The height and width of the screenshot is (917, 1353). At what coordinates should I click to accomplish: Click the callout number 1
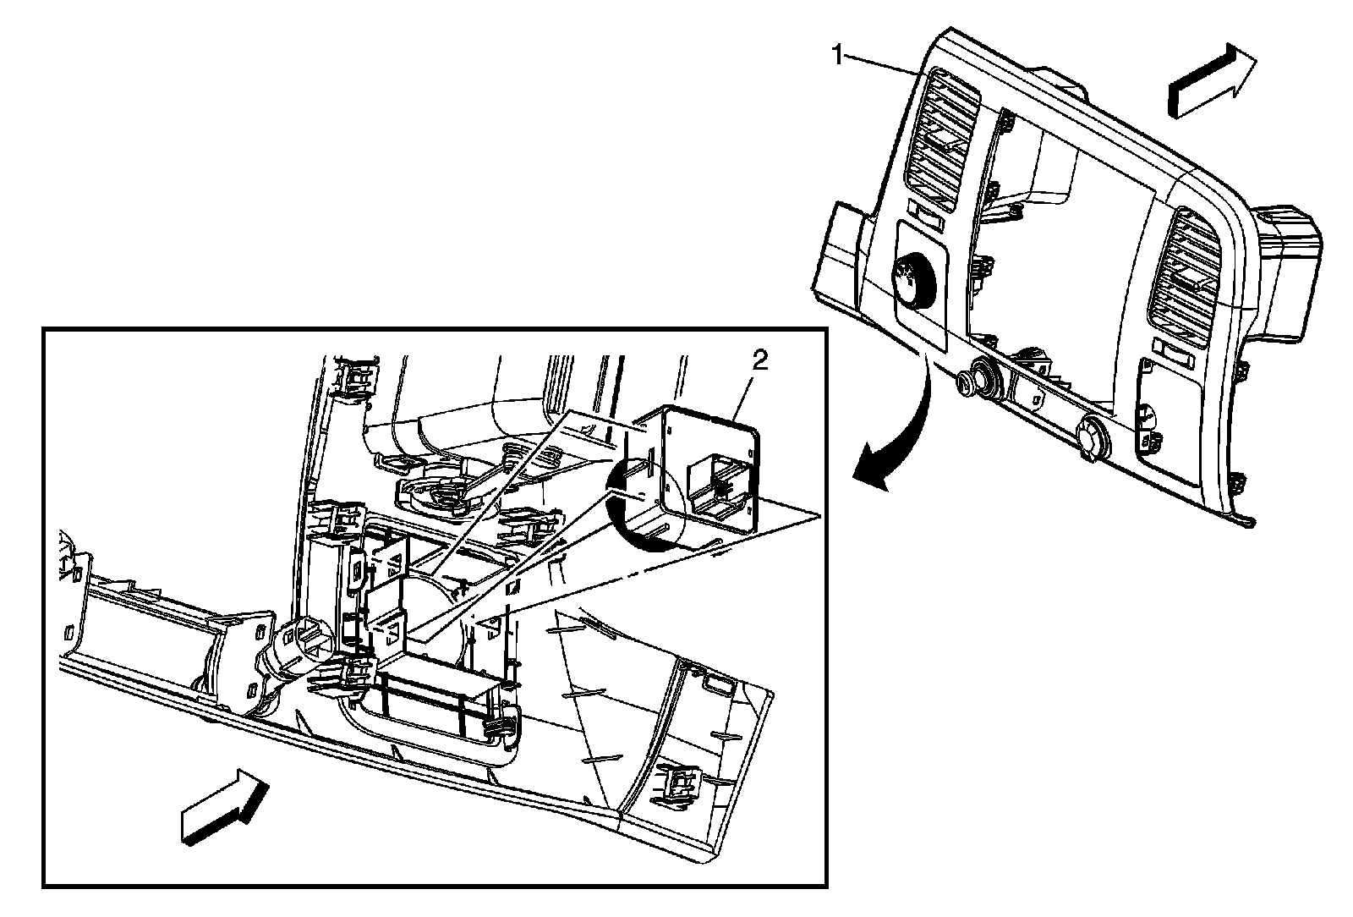point(837,56)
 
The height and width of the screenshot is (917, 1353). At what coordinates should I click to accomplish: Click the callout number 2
point(759,363)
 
